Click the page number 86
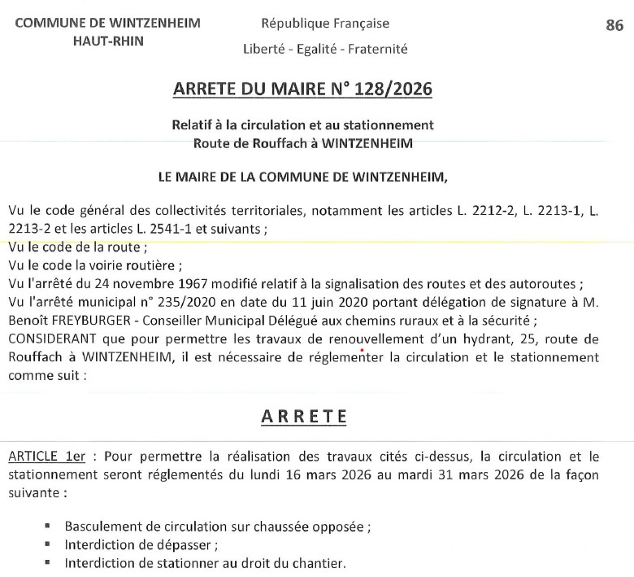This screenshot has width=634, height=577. click(x=614, y=25)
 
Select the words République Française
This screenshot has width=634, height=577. click(x=325, y=24)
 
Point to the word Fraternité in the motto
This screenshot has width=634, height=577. click(x=378, y=49)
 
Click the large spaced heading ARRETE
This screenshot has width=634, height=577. click(x=304, y=416)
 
